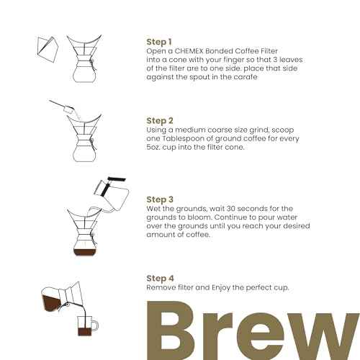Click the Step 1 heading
(160, 42)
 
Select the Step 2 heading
(160, 120)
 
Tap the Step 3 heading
(160, 199)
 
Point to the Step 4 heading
(160, 278)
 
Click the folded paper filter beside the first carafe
(47, 45)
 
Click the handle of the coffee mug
(95, 327)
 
